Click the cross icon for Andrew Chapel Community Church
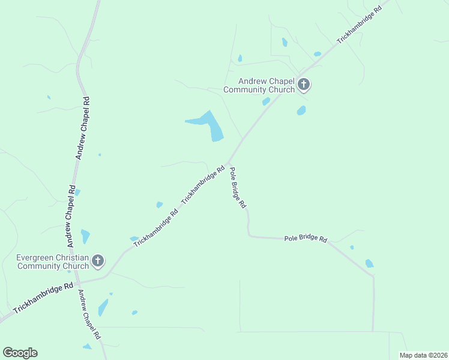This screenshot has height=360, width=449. (304, 85)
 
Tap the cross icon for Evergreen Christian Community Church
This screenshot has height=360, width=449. (98, 261)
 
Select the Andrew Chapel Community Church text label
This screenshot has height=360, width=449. (259, 85)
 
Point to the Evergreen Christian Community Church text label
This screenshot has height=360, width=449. (53, 262)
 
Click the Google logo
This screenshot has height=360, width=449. (20, 353)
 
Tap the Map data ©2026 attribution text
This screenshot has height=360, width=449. (423, 355)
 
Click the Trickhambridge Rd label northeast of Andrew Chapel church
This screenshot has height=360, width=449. (359, 25)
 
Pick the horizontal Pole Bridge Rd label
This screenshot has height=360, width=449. (306, 239)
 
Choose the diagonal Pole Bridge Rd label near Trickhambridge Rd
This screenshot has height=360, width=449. (238, 187)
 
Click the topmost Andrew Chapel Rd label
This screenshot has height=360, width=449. (83, 127)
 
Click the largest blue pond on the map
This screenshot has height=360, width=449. (210, 125)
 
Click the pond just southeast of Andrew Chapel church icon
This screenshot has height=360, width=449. (301, 110)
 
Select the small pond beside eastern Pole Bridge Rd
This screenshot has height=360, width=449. (369, 263)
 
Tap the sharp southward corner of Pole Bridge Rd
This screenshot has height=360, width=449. (373, 276)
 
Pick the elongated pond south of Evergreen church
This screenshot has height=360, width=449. (103, 307)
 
